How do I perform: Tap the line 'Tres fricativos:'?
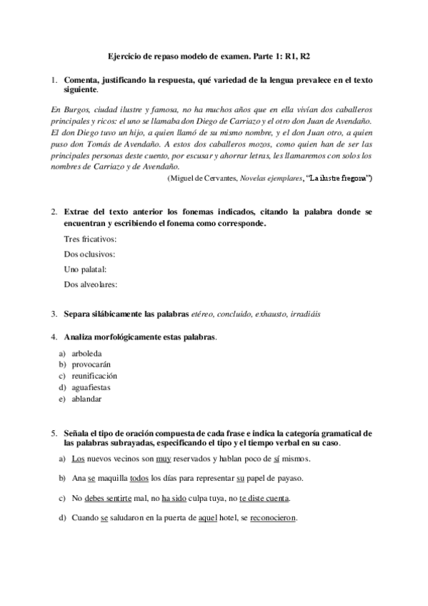[x=90, y=239]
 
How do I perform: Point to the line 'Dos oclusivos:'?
[x=89, y=254]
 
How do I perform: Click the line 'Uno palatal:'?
[x=85, y=269]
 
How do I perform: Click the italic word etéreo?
[x=206, y=314]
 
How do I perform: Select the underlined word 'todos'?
[x=139, y=479]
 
